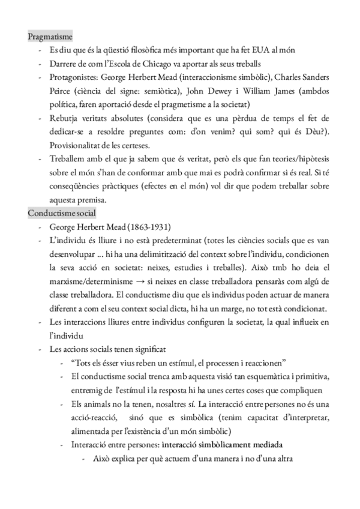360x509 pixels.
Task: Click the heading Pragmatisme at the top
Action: click(x=50, y=37)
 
